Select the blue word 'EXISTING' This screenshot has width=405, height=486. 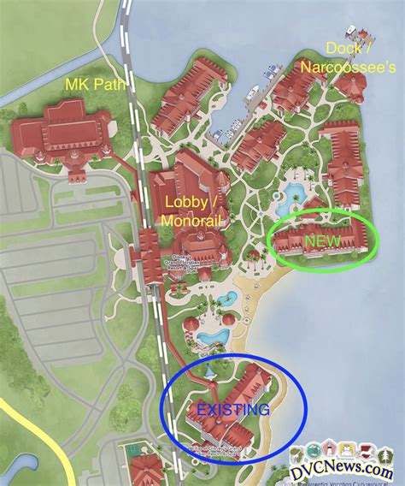(232, 411)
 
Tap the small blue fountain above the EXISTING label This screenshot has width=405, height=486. (210, 373)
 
